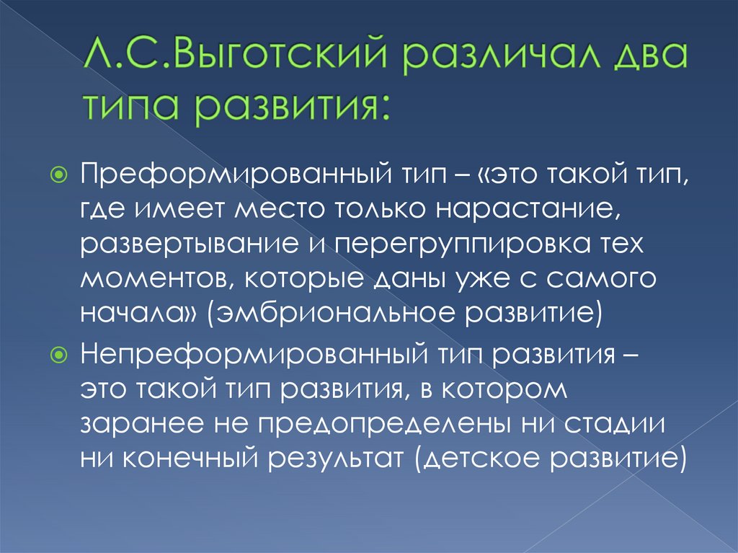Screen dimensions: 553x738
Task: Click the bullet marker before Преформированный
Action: point(60,174)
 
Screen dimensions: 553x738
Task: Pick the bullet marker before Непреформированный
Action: point(60,355)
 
